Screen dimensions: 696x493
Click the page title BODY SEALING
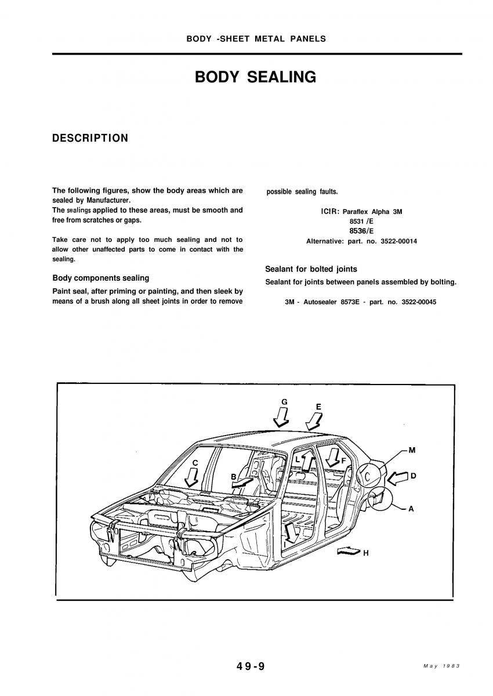tap(255, 77)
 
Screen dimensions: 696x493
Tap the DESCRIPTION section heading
tap(90, 138)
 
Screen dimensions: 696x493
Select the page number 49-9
tap(251, 666)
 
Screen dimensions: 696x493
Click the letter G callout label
tap(284, 401)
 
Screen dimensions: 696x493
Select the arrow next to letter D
tap(397, 477)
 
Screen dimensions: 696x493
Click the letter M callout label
tap(412, 449)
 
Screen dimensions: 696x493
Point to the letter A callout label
tap(411, 509)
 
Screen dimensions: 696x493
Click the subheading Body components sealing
tap(100, 278)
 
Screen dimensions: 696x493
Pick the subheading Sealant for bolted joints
tap(311, 269)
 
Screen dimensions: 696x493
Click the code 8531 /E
tap(361, 222)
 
